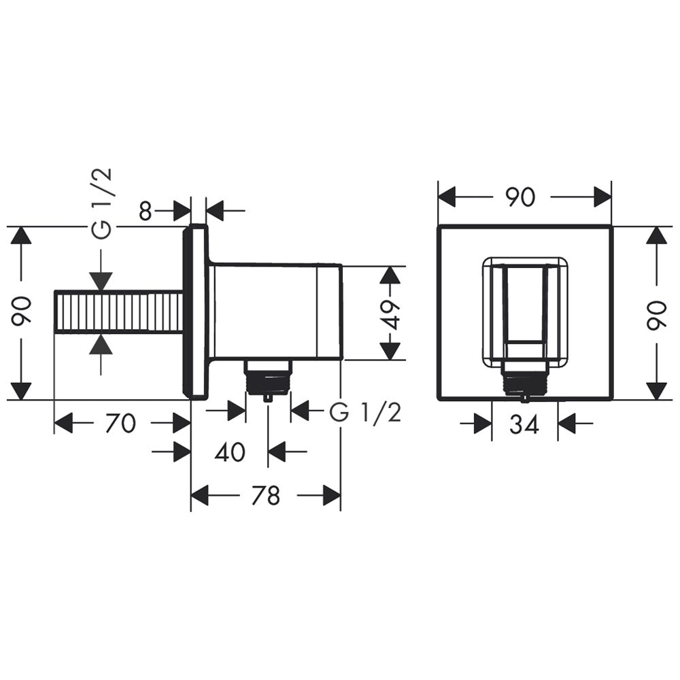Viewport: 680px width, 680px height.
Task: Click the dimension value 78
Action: pos(265,495)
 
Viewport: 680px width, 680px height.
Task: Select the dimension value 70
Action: pos(120,423)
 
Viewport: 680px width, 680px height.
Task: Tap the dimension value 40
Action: pos(230,452)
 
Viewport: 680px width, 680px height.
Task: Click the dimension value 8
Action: pos(146,211)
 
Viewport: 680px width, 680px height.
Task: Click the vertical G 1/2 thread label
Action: pos(103,203)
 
